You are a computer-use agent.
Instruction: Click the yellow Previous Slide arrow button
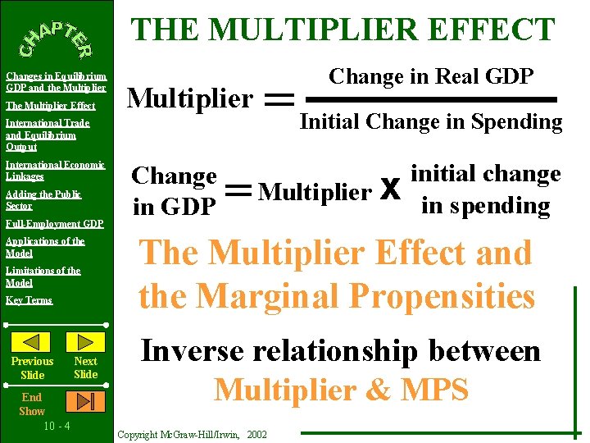(33, 342)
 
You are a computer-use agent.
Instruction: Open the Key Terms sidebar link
(29, 300)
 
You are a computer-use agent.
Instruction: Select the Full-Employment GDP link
(54, 224)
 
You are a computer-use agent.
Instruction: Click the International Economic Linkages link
(55, 171)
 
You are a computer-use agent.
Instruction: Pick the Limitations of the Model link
(43, 276)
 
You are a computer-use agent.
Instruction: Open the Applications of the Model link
(45, 247)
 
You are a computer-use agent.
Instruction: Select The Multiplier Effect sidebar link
(50, 106)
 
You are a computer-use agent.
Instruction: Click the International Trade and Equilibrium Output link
(47, 135)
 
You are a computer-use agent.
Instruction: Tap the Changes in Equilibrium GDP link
(56, 81)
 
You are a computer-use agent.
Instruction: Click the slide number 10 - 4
(56, 426)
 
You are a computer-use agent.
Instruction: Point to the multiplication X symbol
(390, 191)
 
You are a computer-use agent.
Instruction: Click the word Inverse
(191, 351)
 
